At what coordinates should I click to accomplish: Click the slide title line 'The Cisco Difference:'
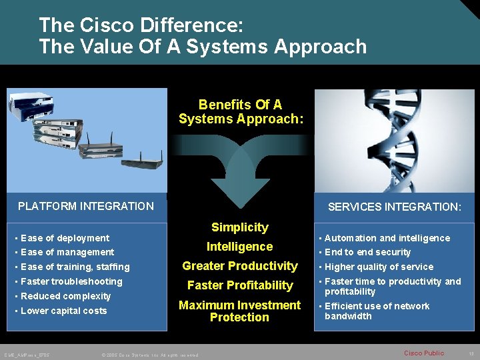coord(141,26)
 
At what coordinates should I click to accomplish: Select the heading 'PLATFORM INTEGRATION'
coord(86,207)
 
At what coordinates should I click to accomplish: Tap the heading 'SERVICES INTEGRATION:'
coord(394,207)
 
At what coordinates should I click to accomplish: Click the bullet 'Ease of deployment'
coord(65,238)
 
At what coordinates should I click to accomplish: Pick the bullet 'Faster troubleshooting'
coord(71,281)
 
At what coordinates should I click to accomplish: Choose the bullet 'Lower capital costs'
coord(63,311)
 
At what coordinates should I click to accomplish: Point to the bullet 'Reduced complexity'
coord(65,296)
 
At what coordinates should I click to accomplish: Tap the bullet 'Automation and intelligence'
coord(387,238)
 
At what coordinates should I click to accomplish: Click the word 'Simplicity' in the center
coord(239,227)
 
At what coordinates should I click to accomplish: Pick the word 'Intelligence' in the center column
coord(239,247)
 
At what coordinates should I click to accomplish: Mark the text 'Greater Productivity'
coord(239,266)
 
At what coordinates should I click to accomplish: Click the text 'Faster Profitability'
coord(239,285)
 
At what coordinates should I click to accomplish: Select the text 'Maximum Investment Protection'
coord(239,311)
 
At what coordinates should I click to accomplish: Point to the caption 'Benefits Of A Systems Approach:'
coord(241,112)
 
